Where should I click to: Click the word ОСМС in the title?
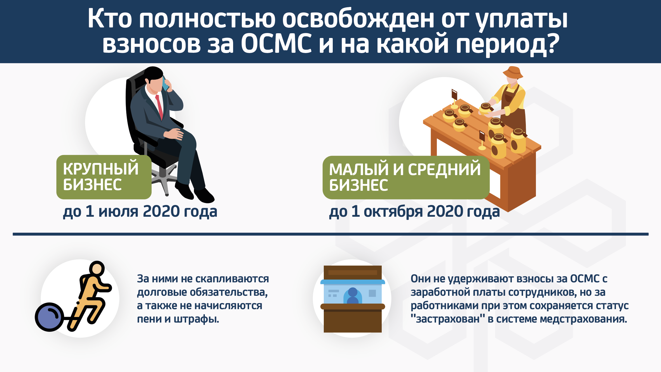276,44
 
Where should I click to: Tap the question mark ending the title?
552,44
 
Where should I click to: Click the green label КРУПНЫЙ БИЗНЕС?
104,177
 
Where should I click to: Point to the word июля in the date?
118,211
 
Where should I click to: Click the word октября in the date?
393,212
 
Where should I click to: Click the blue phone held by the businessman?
165,84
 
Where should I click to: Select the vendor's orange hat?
513,72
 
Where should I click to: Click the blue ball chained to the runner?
49,317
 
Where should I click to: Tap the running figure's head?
97,268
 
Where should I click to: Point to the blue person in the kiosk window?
353,296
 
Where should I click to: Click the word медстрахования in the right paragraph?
583,319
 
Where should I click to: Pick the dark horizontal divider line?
330,234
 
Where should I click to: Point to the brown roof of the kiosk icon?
353,272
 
